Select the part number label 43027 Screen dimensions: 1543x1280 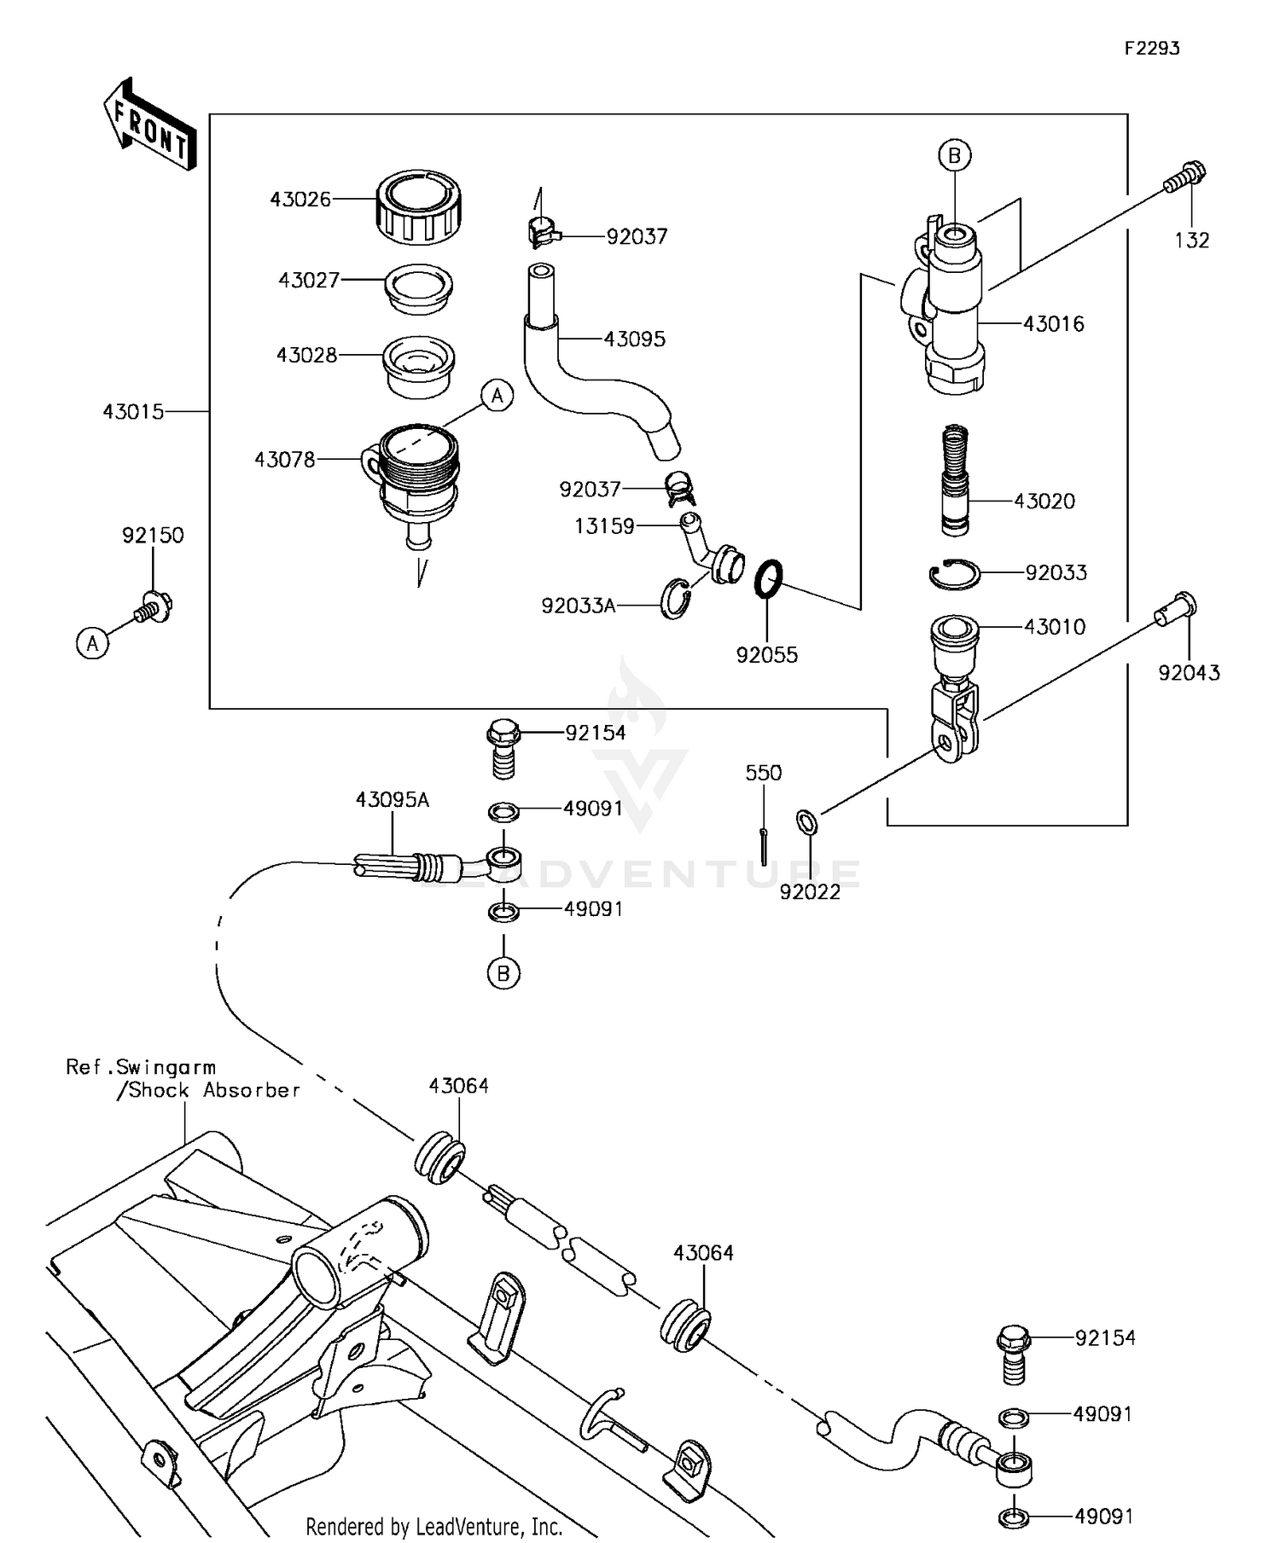(309, 280)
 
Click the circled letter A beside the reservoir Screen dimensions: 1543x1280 (497, 396)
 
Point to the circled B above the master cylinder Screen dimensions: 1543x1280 (955, 155)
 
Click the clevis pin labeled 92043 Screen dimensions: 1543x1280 (1178, 609)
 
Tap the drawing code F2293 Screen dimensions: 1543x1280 (1151, 49)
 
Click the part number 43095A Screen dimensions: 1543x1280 (392, 800)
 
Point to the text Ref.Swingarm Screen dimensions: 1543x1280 (141, 1067)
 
